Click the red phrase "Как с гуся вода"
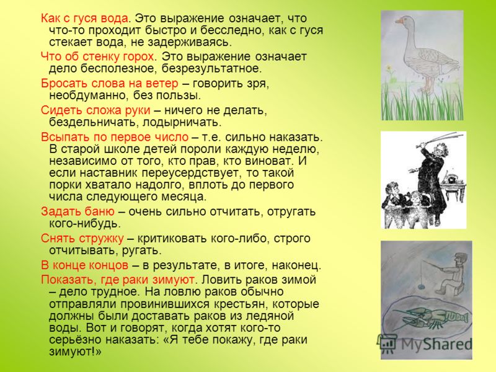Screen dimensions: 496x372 click(84, 19)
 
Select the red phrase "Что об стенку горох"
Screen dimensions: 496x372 click(97, 57)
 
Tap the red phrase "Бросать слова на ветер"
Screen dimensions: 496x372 click(110, 84)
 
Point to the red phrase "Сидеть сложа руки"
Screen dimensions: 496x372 click(95, 110)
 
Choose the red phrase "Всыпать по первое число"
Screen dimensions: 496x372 click(115, 137)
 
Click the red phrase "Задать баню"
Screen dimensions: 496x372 click(77, 211)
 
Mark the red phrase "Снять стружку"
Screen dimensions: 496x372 click(82, 239)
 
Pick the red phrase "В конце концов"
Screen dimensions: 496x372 click(84, 265)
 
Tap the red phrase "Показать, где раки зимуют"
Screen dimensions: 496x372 click(117, 280)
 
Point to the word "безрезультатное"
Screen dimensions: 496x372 click(212, 69)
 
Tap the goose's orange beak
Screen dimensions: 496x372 click(399, 21)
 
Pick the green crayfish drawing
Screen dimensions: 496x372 click(430, 318)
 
